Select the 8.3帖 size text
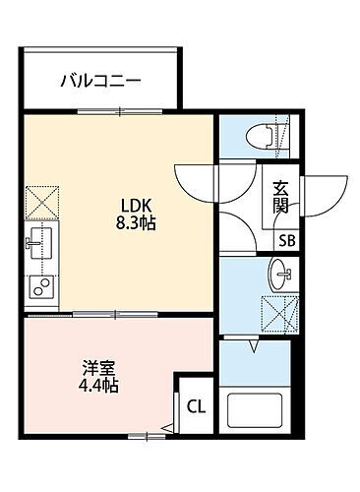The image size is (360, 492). click(135, 223)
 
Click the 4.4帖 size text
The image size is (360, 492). click(97, 386)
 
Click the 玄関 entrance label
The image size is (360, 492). click(281, 198)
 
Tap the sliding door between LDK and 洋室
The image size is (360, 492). click(118, 315)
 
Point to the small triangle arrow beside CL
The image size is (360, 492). click(168, 425)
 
